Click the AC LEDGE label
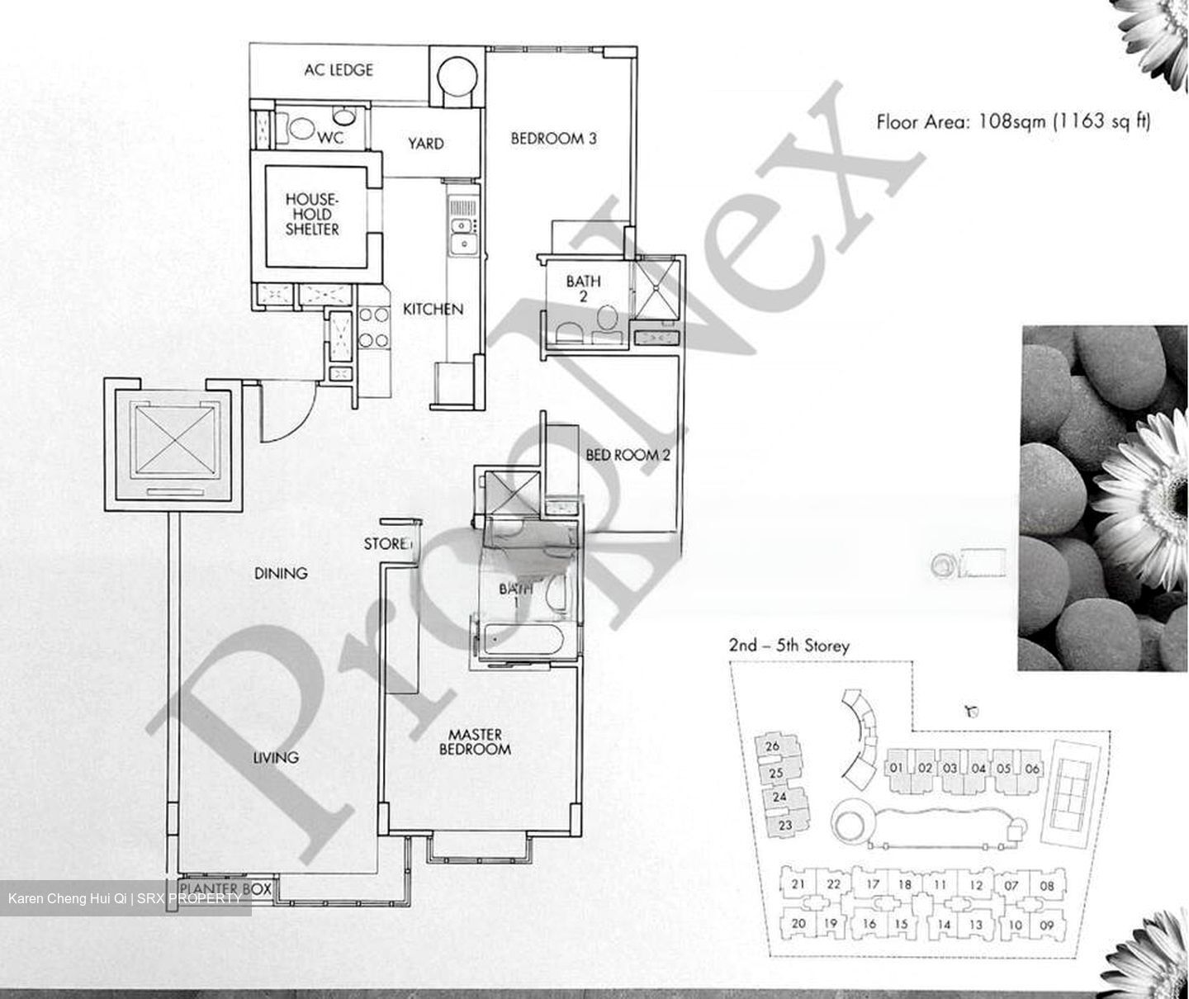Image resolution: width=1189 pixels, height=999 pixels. (x=339, y=70)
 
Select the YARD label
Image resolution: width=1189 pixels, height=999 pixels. (x=425, y=144)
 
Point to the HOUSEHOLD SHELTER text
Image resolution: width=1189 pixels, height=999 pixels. (x=312, y=215)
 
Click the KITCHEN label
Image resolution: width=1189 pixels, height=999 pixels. (x=433, y=310)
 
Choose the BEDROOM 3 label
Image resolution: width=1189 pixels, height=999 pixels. (x=553, y=139)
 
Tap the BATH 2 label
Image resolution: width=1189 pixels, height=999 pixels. (x=583, y=288)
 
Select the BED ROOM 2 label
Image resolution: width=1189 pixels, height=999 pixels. (x=628, y=455)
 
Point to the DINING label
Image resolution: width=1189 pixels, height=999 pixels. (x=281, y=573)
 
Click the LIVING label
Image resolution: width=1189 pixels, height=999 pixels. (x=276, y=757)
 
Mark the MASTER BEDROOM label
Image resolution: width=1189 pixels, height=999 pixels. (x=475, y=741)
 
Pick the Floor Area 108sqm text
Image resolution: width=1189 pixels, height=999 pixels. (x=1012, y=122)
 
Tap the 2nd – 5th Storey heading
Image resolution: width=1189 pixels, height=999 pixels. (x=789, y=646)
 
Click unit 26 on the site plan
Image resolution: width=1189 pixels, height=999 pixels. (x=773, y=746)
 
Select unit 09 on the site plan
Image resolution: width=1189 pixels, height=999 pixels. (x=1046, y=925)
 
